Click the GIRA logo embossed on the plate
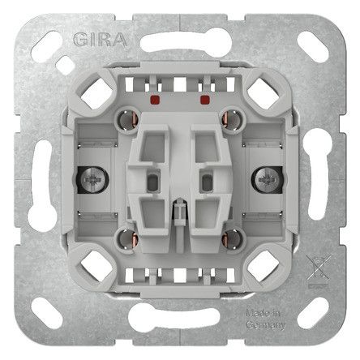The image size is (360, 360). [100, 40]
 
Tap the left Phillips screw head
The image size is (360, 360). [92, 179]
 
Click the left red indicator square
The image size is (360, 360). [155, 99]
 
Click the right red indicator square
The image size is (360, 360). [205, 100]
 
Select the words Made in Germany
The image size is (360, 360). [265, 319]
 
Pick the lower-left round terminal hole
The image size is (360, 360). [127, 239]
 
